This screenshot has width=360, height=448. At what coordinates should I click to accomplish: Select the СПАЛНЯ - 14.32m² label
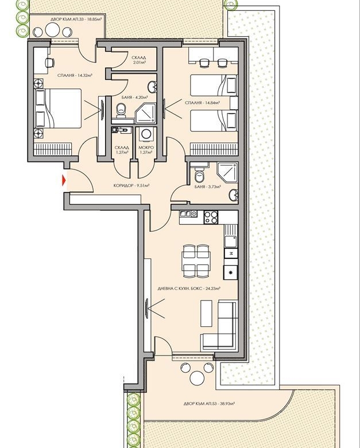tap(75, 75)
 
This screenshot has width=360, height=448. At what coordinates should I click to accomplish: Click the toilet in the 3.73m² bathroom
tap(199, 175)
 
